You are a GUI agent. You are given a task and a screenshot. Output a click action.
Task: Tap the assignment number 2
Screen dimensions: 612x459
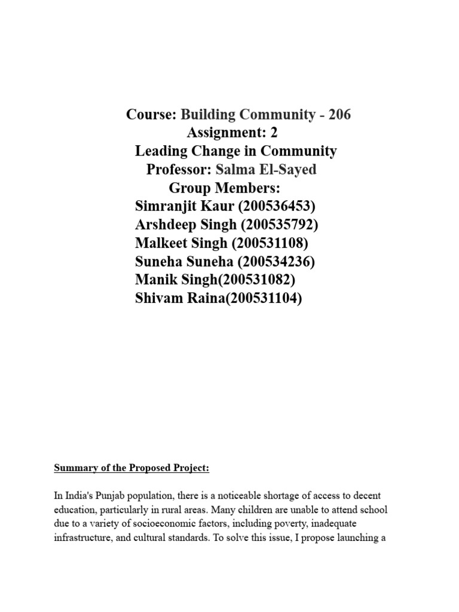[x=274, y=133]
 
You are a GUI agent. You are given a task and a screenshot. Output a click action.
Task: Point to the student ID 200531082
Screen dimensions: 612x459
[x=256, y=280]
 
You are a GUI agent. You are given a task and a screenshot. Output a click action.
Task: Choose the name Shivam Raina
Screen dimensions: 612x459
[x=177, y=299]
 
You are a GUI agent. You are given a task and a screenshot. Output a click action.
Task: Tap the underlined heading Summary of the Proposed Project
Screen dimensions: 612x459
[x=131, y=469]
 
